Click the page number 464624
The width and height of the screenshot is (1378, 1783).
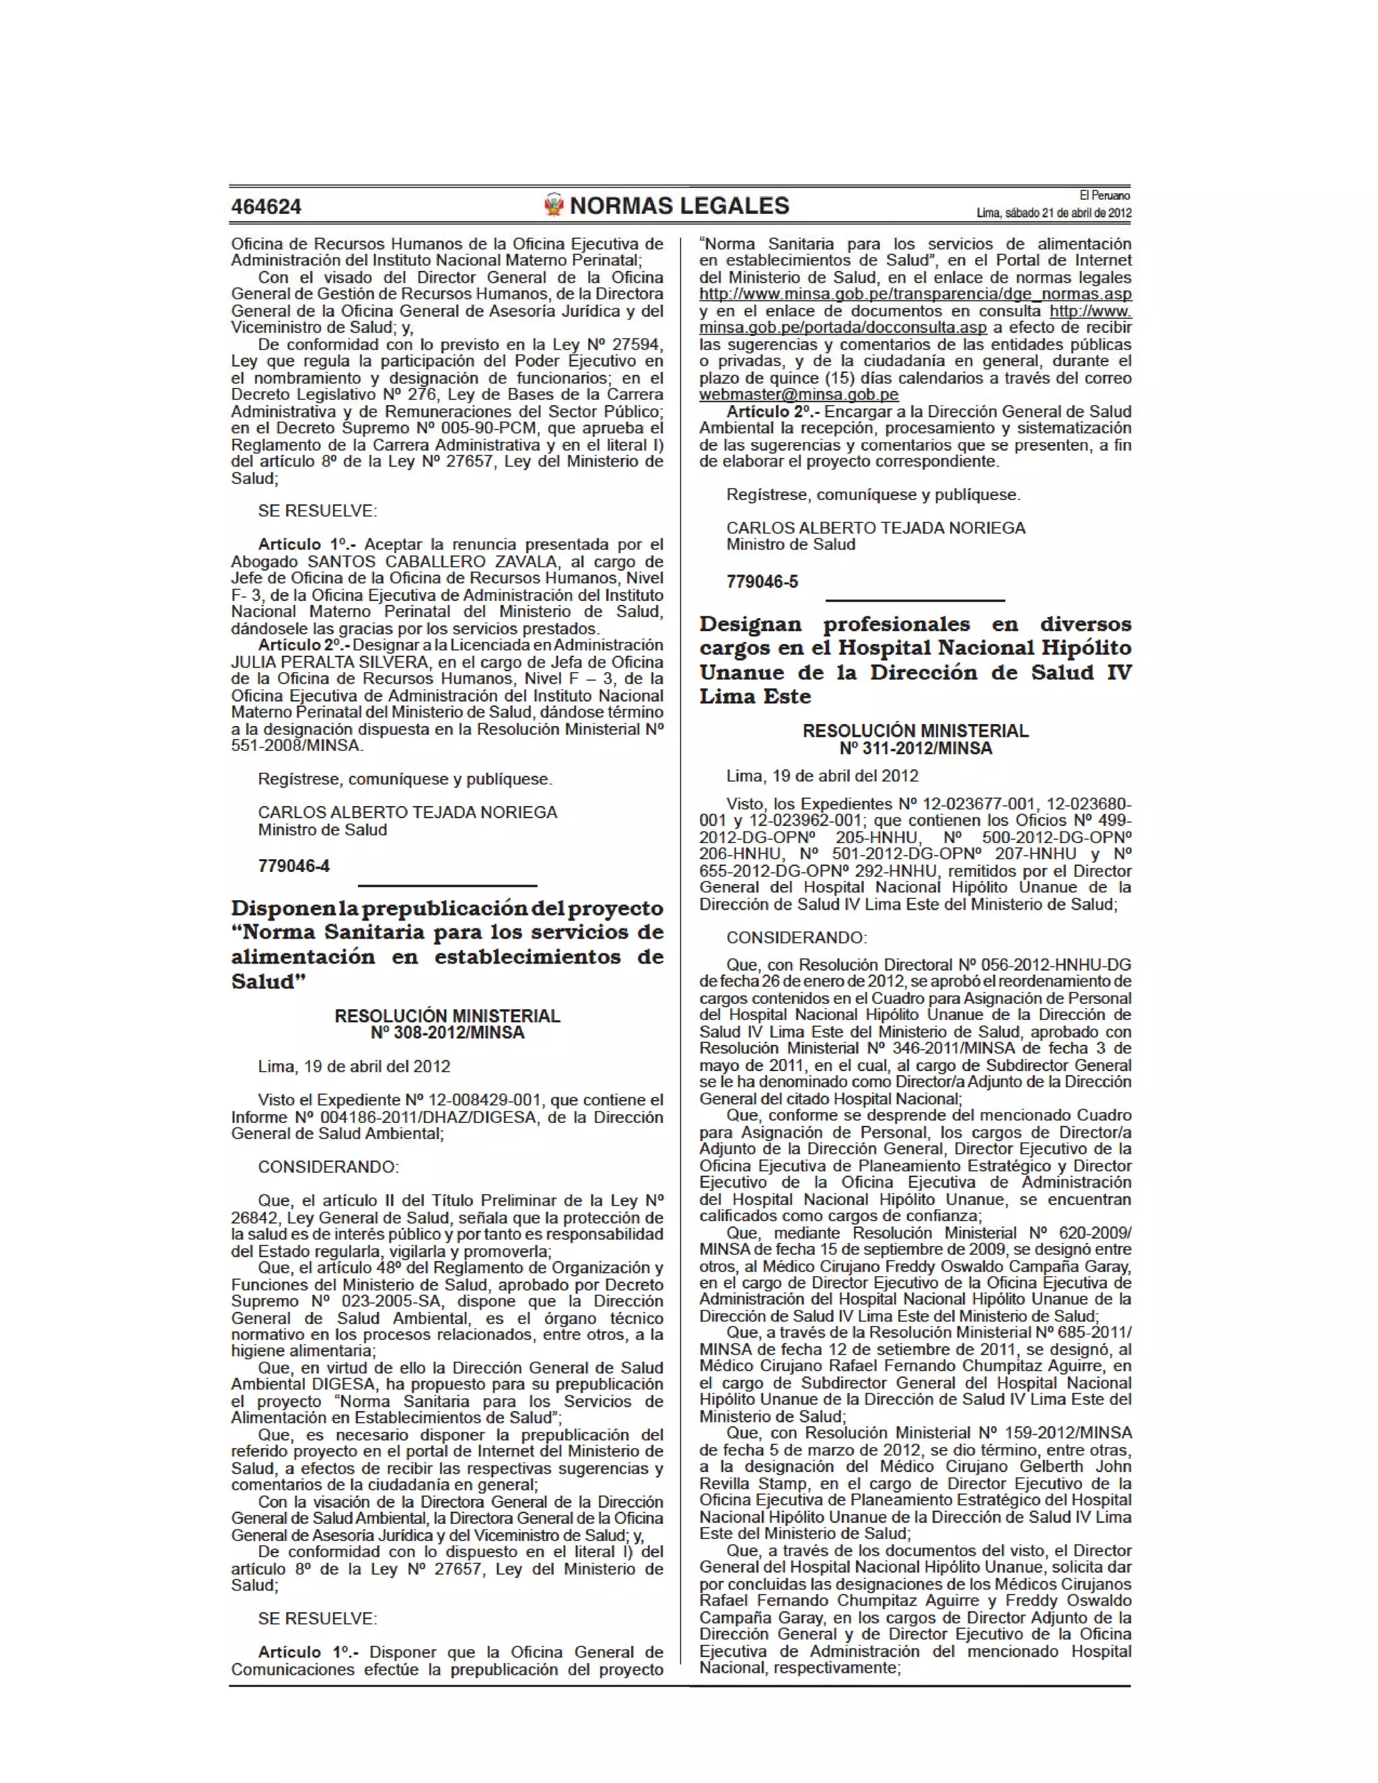point(266,207)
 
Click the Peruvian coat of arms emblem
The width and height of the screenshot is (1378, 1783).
point(554,205)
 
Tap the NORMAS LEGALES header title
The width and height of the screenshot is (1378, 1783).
point(679,206)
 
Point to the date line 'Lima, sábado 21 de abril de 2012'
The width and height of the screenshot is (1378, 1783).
point(1053,213)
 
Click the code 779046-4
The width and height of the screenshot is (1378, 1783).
point(294,866)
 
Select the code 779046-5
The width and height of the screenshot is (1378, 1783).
point(762,582)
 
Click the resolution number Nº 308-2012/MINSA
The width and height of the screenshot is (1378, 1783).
point(447,1033)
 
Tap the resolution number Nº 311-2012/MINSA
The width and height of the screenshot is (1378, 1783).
point(915,749)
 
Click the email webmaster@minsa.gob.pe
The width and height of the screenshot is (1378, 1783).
point(799,394)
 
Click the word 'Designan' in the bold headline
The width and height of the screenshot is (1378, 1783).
point(750,624)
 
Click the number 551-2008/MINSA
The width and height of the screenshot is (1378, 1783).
point(296,745)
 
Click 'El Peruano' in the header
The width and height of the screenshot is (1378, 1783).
point(1105,195)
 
